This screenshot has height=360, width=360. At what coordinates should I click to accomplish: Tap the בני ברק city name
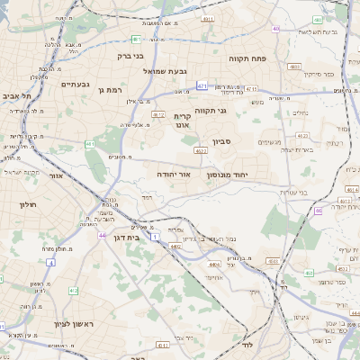click(x=131, y=57)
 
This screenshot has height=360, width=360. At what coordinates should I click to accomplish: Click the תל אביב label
click(x=16, y=95)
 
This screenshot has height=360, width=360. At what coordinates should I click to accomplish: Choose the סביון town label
click(x=224, y=141)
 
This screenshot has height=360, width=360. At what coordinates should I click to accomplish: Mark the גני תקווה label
click(x=211, y=111)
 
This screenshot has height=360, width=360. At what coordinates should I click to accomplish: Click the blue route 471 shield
click(x=202, y=85)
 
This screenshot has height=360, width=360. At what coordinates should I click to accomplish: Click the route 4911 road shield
click(x=209, y=18)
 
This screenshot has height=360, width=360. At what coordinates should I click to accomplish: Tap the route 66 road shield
click(x=318, y=211)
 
